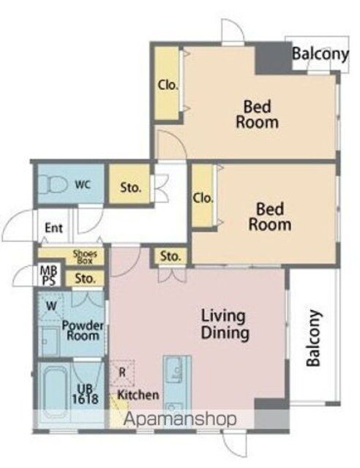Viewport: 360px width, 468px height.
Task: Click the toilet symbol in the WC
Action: click(53, 184)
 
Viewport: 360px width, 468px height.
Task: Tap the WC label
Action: click(83, 185)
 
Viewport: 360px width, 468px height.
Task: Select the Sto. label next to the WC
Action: click(130, 188)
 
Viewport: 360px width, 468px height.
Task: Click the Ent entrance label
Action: click(53, 228)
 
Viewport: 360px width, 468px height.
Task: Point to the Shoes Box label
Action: click(85, 257)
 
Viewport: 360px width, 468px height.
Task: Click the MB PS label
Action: click(48, 276)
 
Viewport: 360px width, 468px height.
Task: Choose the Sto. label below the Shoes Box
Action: click(86, 279)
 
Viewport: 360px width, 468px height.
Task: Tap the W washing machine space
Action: click(51, 306)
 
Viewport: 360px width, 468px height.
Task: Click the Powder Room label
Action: click(83, 330)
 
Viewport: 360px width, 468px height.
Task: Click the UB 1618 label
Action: click(85, 394)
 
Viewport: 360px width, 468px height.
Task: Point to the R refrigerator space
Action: click(122, 373)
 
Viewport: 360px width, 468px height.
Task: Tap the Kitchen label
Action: click(138, 395)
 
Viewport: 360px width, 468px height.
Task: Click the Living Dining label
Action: click(225, 325)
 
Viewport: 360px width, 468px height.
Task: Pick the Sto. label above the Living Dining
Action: click(170, 257)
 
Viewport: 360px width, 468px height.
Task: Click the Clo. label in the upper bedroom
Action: click(168, 86)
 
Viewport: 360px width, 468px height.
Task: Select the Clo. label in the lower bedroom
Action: click(203, 198)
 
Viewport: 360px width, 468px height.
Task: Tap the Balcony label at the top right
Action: click(320, 55)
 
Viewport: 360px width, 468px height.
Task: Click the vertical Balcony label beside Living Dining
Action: click(315, 338)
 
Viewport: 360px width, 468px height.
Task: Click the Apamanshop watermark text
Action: click(180, 419)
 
